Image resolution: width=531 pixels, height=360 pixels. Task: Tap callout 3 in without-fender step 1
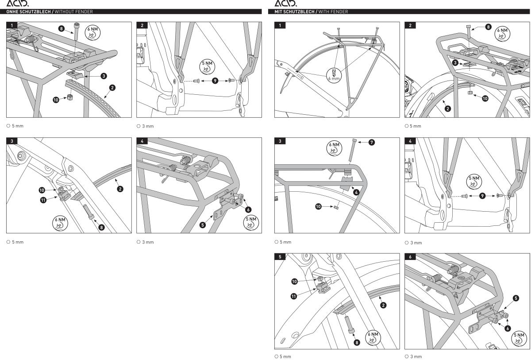coord(103,76)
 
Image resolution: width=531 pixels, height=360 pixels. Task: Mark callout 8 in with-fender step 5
coord(357,342)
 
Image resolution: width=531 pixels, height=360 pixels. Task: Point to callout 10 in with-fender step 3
coord(318,206)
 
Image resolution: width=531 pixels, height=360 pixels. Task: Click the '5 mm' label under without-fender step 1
coord(18,126)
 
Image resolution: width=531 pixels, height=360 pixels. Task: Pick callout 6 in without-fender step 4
coord(248,209)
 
